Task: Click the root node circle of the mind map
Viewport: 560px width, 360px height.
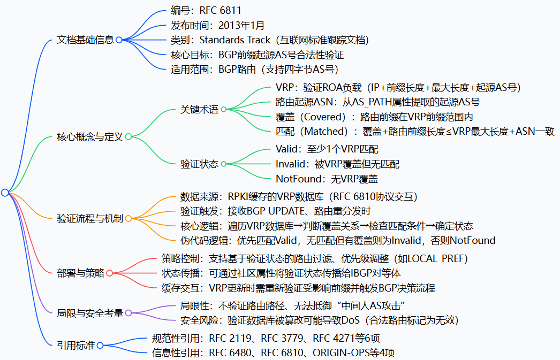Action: pyautogui.click(x=5, y=193)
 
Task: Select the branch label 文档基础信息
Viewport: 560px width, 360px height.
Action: pyautogui.click(x=86, y=40)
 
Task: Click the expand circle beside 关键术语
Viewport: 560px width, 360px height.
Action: pyautogui.click(x=223, y=110)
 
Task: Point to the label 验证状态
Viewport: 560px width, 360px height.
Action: pyautogui.click(x=199, y=164)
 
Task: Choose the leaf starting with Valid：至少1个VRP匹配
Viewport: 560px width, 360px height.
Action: pyautogui.click(x=327, y=149)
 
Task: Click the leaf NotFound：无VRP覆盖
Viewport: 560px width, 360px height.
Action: pyautogui.click(x=327, y=179)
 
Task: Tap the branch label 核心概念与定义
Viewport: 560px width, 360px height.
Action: pyautogui.click(x=90, y=137)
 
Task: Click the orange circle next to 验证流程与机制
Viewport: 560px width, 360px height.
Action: pyautogui.click(x=128, y=218)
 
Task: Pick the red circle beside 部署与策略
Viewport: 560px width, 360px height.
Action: pyautogui.click(x=109, y=273)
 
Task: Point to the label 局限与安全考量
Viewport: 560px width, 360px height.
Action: pyautogui.click(x=90, y=312)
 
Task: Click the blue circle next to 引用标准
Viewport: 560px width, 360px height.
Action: pyautogui.click(x=100, y=346)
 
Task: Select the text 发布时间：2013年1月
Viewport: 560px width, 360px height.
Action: pyautogui.click(x=217, y=25)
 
